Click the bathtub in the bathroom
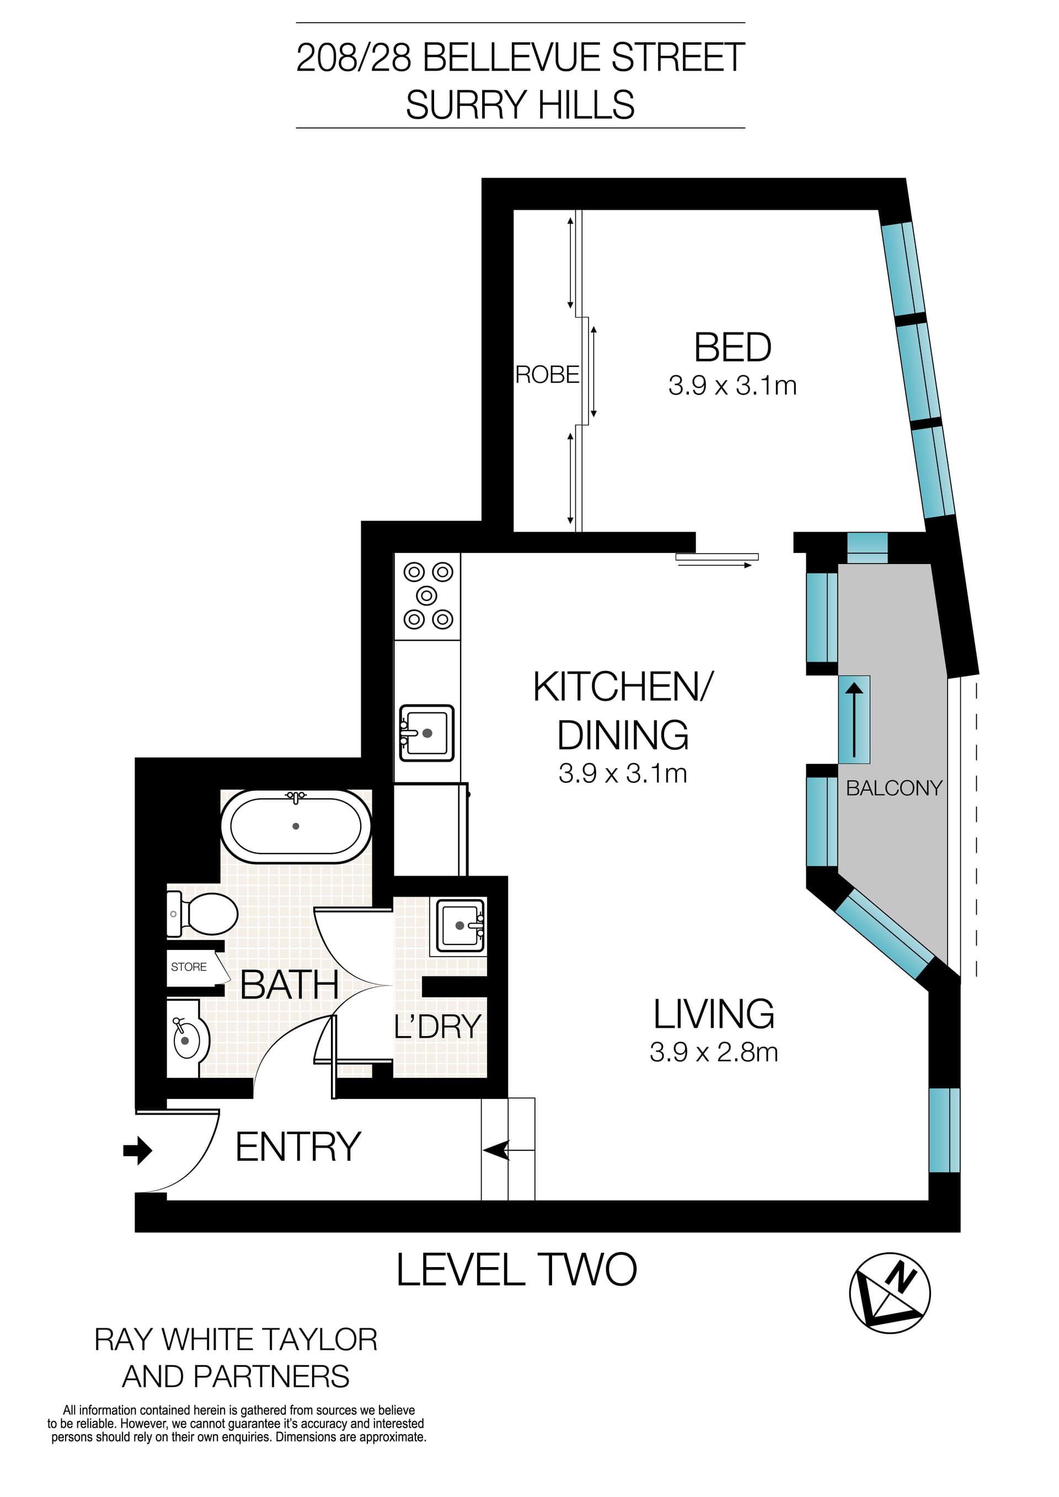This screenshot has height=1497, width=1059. (x=296, y=826)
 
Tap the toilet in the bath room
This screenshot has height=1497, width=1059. (x=204, y=914)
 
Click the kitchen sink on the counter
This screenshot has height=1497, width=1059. (x=426, y=733)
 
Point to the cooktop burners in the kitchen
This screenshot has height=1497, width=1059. (x=428, y=595)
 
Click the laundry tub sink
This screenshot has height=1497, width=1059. (x=461, y=925)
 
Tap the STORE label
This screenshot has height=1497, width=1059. (x=189, y=967)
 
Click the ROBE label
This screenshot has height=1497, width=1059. (x=547, y=375)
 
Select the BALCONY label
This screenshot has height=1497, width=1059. (x=894, y=788)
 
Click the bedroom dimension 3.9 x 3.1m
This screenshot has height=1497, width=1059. (x=732, y=385)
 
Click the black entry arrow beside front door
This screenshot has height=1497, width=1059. (x=137, y=1150)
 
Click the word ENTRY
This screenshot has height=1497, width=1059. (x=298, y=1147)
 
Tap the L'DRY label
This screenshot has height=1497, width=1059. (x=437, y=1027)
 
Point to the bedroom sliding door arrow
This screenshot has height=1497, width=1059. (x=715, y=565)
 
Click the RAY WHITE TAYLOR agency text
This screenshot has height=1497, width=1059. (x=236, y=1340)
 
